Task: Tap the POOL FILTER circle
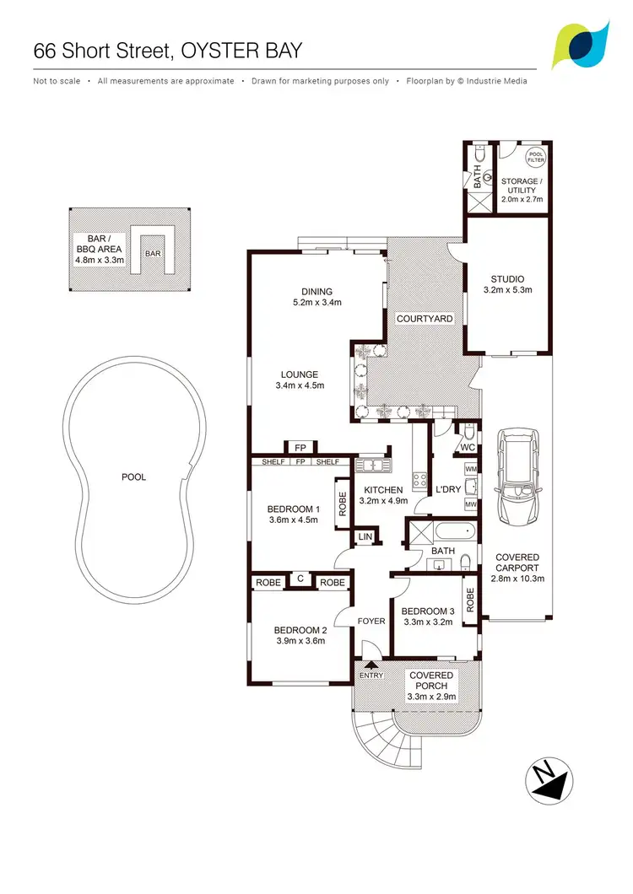(x=536, y=158)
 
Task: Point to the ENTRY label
(x=371, y=676)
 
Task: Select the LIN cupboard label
(x=365, y=536)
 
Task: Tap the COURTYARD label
(x=425, y=319)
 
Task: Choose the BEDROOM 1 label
(x=293, y=509)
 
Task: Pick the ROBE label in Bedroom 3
(x=470, y=599)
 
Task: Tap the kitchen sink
(x=371, y=464)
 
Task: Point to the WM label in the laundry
(x=470, y=468)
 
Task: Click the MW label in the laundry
(x=470, y=504)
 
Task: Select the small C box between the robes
(x=300, y=580)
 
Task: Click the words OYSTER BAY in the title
(x=241, y=50)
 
